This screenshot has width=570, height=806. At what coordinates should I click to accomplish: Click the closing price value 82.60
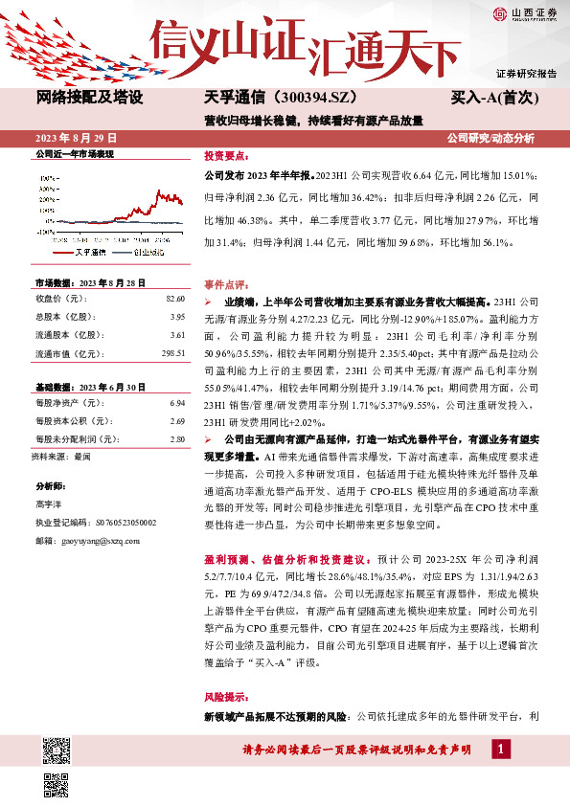point(175,301)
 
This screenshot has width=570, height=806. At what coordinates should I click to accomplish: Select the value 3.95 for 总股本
point(177,317)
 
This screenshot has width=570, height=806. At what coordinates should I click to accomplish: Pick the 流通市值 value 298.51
point(173,352)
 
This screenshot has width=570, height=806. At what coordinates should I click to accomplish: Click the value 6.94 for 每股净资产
point(177,404)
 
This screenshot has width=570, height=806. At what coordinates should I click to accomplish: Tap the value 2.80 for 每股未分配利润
point(177,438)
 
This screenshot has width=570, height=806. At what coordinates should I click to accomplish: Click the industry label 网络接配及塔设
point(90,98)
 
